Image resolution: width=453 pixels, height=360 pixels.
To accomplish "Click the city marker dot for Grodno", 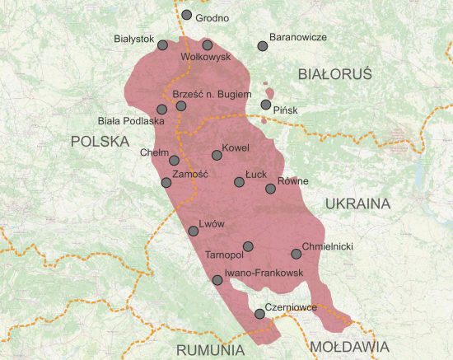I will pos(187,16).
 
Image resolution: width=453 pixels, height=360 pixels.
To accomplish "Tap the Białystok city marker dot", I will pos(162,45).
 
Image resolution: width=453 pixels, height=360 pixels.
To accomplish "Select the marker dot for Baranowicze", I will pos(263,46).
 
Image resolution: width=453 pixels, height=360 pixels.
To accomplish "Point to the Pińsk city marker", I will pos(265,105).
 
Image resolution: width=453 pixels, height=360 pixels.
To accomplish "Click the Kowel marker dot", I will pos(217,155).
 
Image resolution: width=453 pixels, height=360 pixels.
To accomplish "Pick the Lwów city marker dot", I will pos(194,231).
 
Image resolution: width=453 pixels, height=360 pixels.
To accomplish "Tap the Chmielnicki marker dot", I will pos(297,254).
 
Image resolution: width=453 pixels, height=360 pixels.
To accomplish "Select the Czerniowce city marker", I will pos(260,313).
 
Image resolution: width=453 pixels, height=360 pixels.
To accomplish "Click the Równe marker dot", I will pos(270,189).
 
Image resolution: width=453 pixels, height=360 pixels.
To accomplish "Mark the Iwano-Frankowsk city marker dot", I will pos(217,280).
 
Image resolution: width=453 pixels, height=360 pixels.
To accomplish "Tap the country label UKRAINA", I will pos(357,203).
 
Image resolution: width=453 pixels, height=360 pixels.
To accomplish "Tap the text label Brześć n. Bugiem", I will pos(212,95).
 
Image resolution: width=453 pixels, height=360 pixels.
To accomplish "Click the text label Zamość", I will pos(191,175).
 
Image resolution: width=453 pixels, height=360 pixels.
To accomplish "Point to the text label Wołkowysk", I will pos(204,58).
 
